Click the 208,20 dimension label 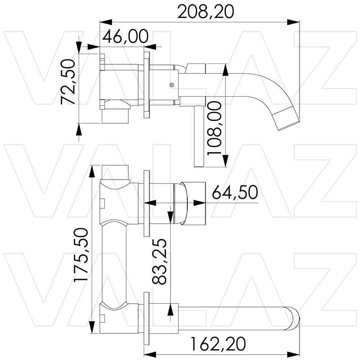(x=206, y=12)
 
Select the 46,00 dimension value (x=126, y=36)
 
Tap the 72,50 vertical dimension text (x=68, y=82)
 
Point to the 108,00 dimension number (x=214, y=129)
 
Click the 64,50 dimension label (x=235, y=192)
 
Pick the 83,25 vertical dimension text (x=159, y=261)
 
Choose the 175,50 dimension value (x=81, y=255)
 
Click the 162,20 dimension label (x=218, y=344)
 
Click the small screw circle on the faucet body (x=171, y=85)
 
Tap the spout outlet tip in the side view (x=289, y=125)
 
